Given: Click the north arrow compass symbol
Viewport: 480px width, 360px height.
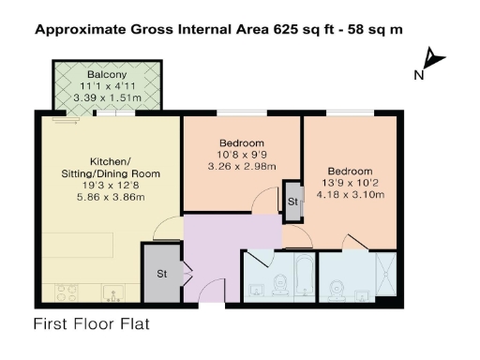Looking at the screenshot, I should point(433,61).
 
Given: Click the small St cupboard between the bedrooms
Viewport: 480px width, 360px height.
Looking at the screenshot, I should point(292,201).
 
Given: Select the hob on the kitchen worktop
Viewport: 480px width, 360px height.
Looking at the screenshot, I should point(65,293).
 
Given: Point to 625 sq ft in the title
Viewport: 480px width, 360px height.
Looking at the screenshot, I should point(299,29).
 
